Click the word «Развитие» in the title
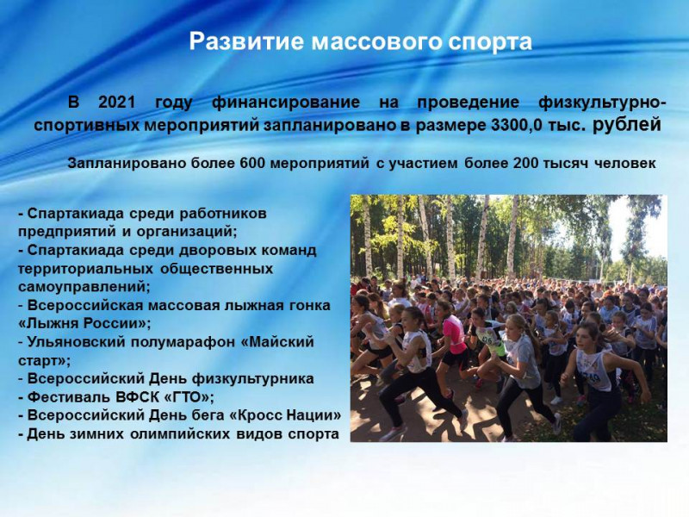click(247, 41)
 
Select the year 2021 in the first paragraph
click(117, 103)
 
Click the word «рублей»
click(627, 125)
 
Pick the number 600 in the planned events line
click(252, 164)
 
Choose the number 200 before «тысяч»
click(525, 164)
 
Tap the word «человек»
click(625, 164)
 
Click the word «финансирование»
click(286, 103)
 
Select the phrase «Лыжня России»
click(84, 324)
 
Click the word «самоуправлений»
click(82, 287)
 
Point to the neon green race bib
click(485, 339)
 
